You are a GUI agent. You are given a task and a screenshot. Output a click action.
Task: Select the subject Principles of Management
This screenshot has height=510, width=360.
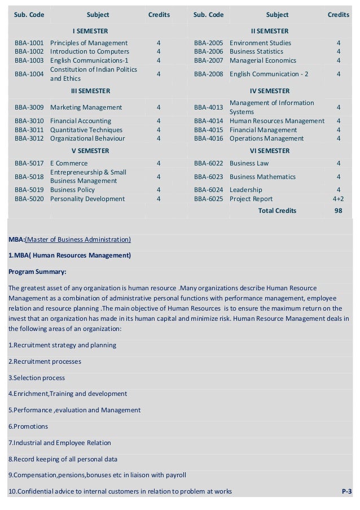(89, 43)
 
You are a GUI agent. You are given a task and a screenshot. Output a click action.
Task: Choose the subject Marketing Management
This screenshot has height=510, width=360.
(86, 107)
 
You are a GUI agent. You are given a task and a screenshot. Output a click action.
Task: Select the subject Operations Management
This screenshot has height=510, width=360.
(266, 138)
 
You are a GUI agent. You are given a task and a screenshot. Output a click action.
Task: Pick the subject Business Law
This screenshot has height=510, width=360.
(249, 164)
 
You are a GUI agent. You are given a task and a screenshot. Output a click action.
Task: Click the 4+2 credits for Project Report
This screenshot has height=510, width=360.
(338, 199)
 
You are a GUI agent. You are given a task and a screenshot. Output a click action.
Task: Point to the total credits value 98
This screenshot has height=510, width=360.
(338, 211)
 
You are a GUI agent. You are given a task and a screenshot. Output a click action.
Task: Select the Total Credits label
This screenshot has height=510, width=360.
(276, 211)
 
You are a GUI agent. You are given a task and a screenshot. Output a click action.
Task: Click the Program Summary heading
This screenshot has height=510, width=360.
(37, 271)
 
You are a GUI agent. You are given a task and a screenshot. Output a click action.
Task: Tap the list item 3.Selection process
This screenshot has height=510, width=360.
(37, 378)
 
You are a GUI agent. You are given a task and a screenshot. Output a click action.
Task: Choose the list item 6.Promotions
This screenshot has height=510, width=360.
(28, 426)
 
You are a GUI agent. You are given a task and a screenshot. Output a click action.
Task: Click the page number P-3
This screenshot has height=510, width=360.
(346, 492)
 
